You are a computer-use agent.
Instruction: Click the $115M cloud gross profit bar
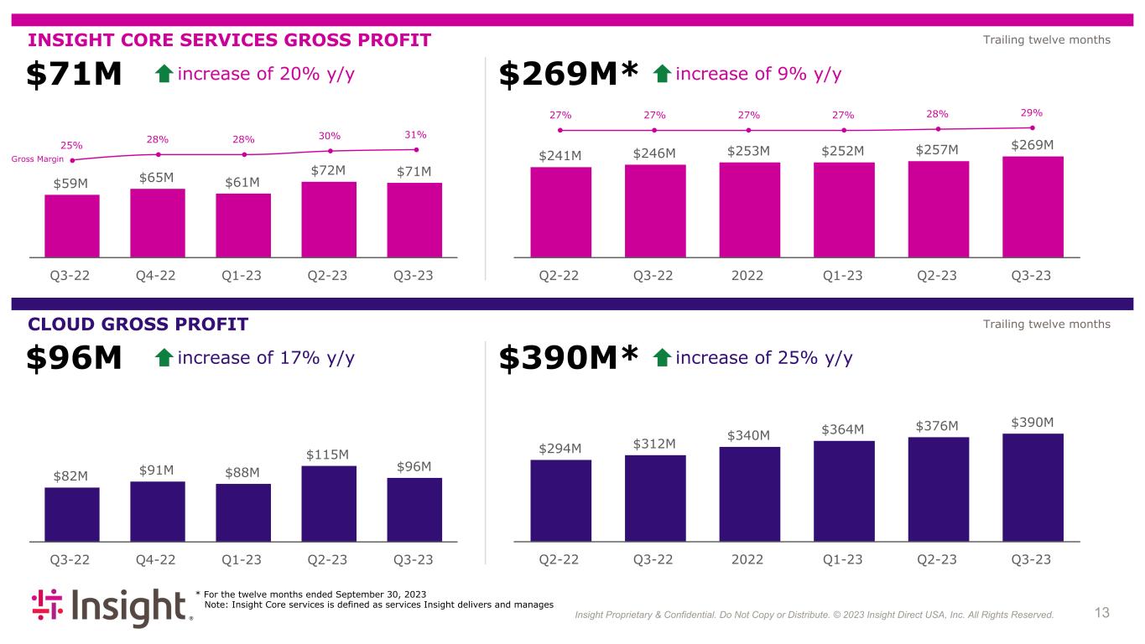[x=329, y=503]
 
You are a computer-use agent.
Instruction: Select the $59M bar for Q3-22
[x=72, y=225]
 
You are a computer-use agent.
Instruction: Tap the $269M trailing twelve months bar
[x=1033, y=206]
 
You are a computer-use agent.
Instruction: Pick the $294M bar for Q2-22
[x=561, y=500]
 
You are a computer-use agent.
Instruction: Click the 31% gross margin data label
[x=415, y=134]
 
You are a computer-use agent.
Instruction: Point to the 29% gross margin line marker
[x=1032, y=127]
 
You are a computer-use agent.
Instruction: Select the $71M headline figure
[x=75, y=75]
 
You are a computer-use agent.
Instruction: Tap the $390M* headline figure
[x=570, y=360]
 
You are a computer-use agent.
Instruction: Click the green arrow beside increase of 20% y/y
[x=164, y=75]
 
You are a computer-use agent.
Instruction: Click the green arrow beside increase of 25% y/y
[x=662, y=359]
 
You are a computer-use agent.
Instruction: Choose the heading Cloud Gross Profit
[x=138, y=325]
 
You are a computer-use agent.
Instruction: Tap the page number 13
[x=1101, y=613]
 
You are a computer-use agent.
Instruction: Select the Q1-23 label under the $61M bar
[x=243, y=275]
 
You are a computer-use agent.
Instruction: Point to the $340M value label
[x=750, y=434]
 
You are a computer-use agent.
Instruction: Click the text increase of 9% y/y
[x=758, y=74]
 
